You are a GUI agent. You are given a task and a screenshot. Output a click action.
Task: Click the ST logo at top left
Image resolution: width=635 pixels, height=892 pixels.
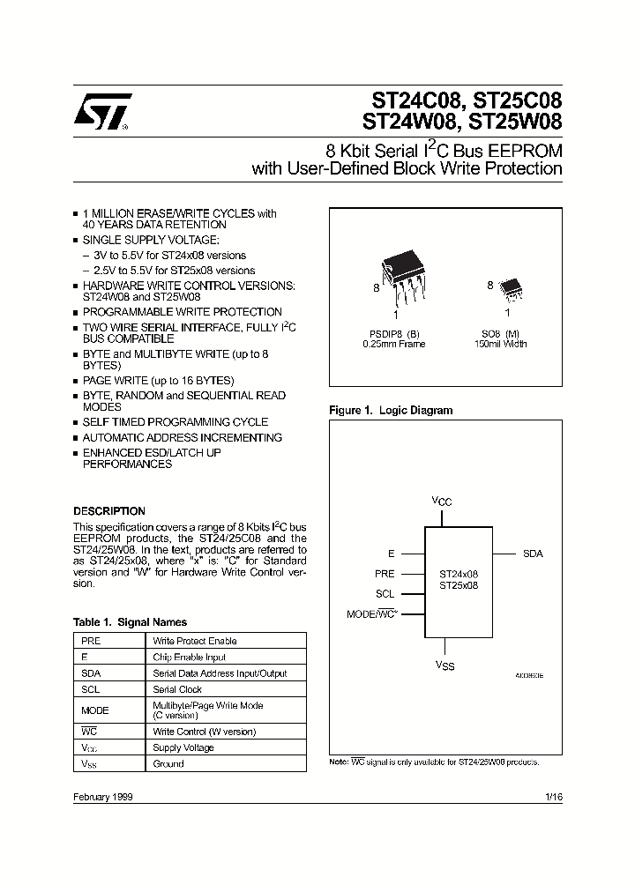tap(101, 112)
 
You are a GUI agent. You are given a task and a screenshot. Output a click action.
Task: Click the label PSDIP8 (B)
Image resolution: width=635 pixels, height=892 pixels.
tap(393, 333)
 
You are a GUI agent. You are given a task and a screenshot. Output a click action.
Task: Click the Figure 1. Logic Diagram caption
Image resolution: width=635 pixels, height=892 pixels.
tap(390, 411)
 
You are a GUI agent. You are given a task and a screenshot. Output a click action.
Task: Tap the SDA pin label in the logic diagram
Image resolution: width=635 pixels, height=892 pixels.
tap(533, 554)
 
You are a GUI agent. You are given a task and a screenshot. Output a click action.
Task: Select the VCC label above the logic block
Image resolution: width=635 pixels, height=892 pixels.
tap(442, 501)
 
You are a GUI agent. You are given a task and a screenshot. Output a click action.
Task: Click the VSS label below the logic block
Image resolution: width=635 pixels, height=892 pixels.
tap(445, 666)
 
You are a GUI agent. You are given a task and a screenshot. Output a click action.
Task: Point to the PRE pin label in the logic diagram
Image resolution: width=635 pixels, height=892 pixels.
tap(385, 574)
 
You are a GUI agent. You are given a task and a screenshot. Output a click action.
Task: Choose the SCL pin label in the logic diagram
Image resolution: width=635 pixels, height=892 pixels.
tap(385, 594)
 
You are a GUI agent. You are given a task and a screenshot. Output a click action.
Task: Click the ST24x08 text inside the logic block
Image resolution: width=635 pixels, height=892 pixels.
tap(458, 573)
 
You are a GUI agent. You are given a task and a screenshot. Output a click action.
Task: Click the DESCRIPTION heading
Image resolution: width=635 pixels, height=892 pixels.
tap(108, 511)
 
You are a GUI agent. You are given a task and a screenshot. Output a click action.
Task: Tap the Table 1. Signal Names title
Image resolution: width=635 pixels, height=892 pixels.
tap(130, 622)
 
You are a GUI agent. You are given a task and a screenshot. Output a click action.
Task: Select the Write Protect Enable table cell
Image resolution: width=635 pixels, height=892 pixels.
tap(194, 641)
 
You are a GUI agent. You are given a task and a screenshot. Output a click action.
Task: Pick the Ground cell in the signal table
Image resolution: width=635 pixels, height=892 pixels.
tap(168, 763)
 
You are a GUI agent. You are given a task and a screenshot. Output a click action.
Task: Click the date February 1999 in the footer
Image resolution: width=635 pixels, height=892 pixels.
tap(103, 796)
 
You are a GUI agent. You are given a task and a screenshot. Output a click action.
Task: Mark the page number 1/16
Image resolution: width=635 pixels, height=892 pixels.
tap(553, 796)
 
